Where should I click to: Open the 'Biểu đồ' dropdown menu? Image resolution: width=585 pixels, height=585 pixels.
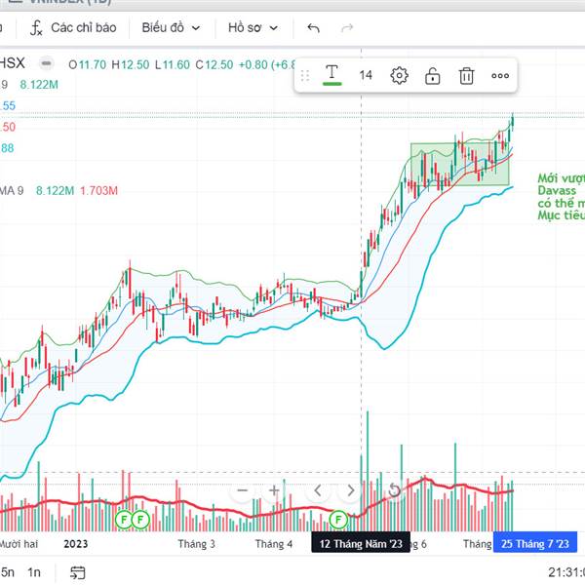pos(171,28)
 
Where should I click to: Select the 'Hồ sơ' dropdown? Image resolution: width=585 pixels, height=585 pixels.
pos(253,28)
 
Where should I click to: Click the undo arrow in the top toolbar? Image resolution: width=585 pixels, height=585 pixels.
pos(313,28)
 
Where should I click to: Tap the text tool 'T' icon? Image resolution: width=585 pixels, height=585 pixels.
pos(332,74)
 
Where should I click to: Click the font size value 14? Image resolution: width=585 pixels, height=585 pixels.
pos(366,75)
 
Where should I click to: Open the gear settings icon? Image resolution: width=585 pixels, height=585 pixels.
pos(399,75)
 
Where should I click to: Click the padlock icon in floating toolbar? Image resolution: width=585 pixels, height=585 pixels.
pos(433,75)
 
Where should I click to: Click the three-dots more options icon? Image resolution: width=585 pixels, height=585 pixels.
pos(500,75)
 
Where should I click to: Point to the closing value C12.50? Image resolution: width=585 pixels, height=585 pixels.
pos(214,64)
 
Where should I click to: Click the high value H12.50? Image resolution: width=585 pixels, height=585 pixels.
pos(130,64)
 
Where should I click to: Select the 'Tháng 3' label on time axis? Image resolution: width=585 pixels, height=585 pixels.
pos(197,544)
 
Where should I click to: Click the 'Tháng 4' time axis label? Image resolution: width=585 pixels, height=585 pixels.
pos(274,544)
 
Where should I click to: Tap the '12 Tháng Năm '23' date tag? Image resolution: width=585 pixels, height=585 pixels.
pos(361,544)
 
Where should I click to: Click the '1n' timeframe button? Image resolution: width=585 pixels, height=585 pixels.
pos(35,571)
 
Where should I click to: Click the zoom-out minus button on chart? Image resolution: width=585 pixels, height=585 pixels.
pos(243,490)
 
